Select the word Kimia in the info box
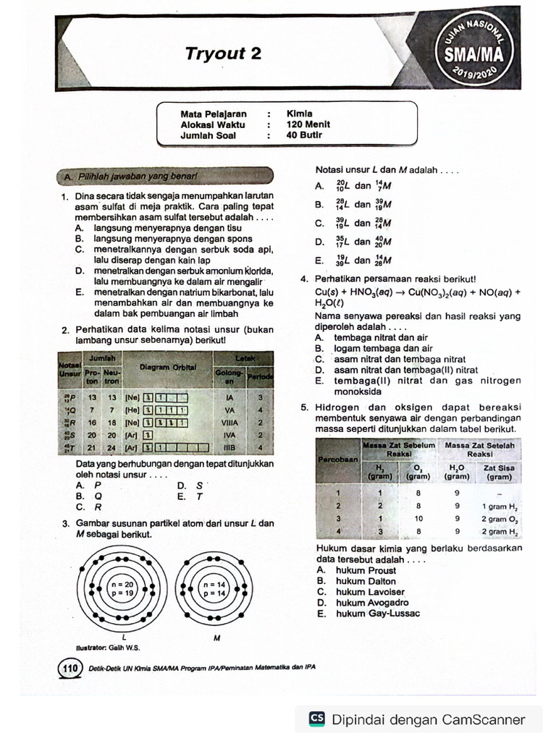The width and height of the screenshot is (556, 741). point(299,114)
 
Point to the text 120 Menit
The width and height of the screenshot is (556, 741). point(308,124)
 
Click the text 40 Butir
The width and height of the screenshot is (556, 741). point(304,135)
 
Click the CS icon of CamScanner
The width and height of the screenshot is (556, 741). point(316,719)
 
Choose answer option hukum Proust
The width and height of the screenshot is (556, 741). point(366,570)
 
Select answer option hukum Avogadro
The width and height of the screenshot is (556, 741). point(372,603)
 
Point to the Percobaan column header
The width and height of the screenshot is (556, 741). point(338,460)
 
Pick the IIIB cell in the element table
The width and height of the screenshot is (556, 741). point(229,449)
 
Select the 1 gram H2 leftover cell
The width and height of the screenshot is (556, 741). point(499,507)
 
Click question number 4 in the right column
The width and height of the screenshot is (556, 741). point(304,280)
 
